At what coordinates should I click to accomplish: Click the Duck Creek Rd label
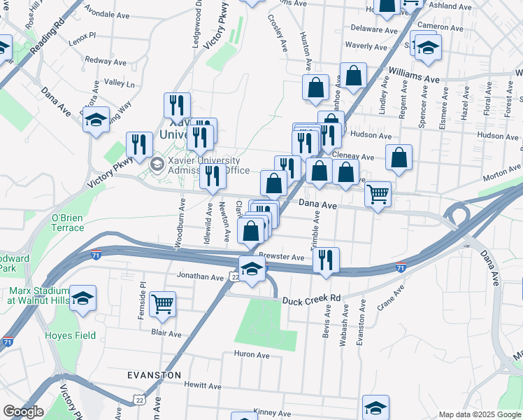pos(310,300)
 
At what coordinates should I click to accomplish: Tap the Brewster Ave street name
pos(281,257)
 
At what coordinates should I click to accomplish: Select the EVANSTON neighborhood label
pos(155,375)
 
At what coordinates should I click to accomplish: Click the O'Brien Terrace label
pos(68,223)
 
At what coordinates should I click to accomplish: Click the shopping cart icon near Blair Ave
pos(162,304)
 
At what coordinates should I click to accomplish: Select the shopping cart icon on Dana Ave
pos(378,194)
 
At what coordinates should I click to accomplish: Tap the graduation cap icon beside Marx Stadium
pos(83,299)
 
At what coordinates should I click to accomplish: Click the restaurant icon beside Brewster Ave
pos(326,260)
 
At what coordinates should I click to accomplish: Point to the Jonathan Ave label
pos(199,276)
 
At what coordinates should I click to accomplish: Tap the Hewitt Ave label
pos(202,385)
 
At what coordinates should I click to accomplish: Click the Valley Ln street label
pos(119,83)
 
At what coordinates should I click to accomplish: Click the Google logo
pos(23,412)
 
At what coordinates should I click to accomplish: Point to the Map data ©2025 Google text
pos(479,414)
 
